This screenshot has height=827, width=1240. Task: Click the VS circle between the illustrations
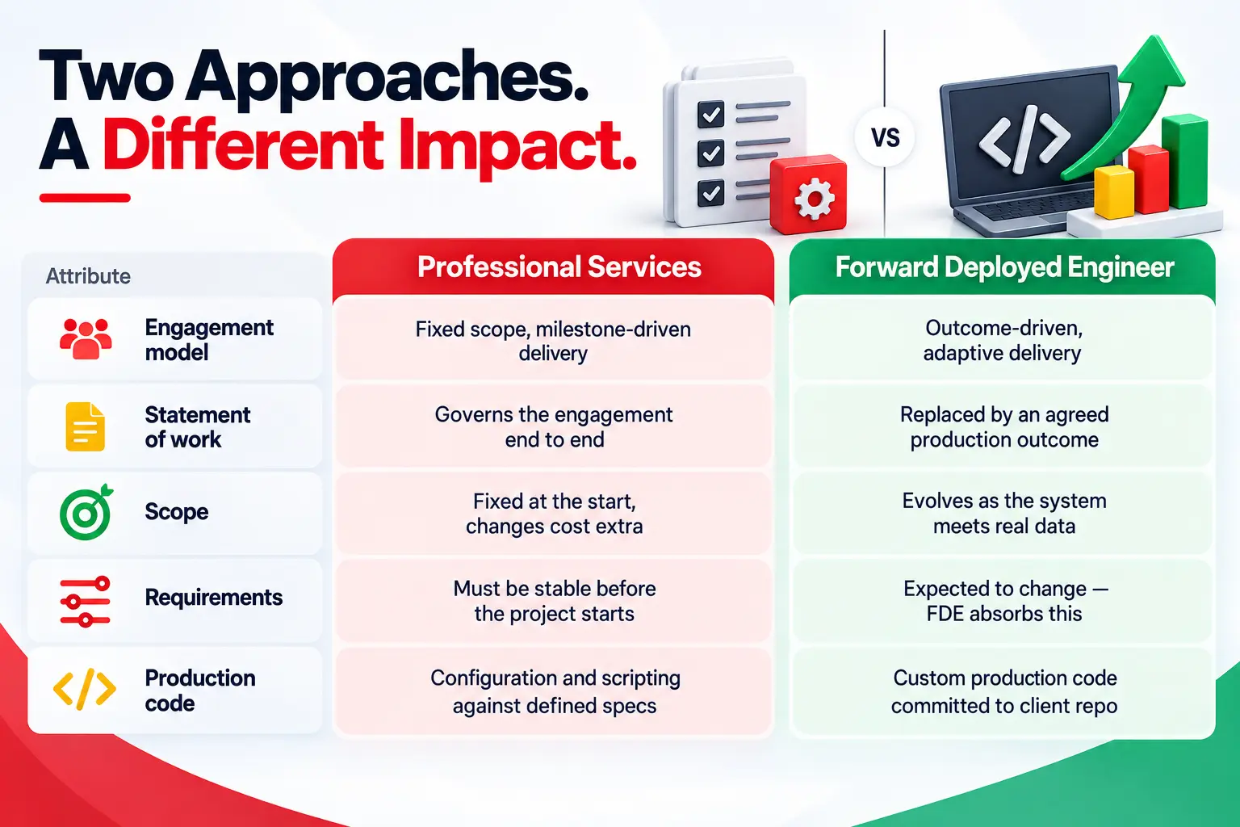885,137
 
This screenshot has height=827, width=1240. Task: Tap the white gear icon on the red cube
814,199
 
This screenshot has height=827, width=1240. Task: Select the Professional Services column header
553,267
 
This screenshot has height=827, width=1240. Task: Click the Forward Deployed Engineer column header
1003,267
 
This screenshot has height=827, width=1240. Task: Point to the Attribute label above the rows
88,276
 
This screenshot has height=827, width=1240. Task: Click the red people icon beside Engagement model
86,339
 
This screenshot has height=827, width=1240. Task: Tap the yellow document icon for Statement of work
86,426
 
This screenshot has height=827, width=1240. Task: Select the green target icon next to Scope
86,512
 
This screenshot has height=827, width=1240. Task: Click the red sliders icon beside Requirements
86,602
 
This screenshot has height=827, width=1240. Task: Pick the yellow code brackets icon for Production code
85,689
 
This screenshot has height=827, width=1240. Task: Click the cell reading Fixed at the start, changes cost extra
554,514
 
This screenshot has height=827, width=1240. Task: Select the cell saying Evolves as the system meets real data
1003,514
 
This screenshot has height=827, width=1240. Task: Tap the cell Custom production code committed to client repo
1003,692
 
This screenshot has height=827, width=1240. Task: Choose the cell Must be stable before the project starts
554,601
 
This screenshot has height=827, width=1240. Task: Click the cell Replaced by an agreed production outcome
1003,427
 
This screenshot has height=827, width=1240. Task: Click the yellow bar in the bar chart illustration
1114,191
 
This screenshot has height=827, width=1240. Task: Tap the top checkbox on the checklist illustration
710,114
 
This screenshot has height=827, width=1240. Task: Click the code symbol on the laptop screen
1024,139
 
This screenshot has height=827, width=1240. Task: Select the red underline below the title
85,198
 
